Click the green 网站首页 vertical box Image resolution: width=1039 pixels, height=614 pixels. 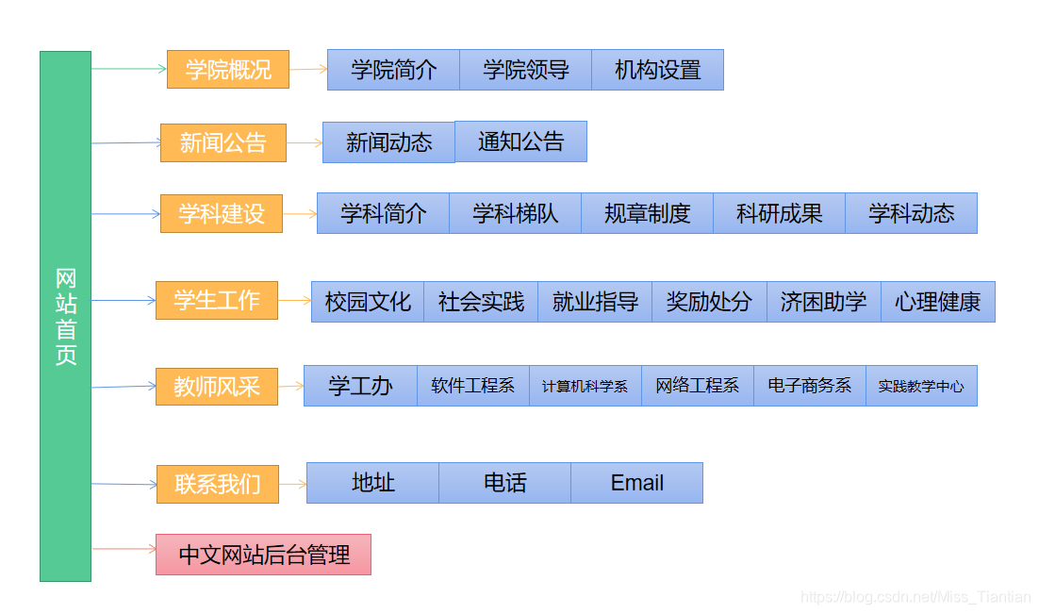click(x=65, y=316)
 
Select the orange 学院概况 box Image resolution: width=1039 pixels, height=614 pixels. click(x=228, y=70)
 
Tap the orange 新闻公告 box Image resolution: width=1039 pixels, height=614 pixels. click(x=223, y=142)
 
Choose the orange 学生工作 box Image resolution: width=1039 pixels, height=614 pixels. click(x=217, y=300)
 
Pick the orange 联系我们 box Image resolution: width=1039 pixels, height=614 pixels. click(x=218, y=484)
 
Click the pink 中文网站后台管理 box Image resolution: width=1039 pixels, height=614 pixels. click(x=263, y=555)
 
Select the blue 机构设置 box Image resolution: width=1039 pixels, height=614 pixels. click(x=657, y=70)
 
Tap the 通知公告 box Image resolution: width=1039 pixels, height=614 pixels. click(x=520, y=141)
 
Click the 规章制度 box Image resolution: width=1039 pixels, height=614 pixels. click(x=647, y=213)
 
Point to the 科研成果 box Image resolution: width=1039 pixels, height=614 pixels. click(x=779, y=213)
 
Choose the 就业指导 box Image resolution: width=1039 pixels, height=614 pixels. click(x=595, y=302)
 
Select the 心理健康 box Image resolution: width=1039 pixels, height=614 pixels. click(x=937, y=302)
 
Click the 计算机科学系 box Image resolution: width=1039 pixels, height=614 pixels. click(x=585, y=386)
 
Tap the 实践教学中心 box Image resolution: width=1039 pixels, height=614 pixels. click(x=921, y=386)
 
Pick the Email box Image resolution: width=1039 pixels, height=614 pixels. click(x=636, y=483)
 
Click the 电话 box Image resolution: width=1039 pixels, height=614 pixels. click(x=504, y=483)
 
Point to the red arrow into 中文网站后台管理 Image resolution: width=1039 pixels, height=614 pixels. click(x=124, y=548)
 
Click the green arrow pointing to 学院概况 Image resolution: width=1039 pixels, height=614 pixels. click(x=129, y=69)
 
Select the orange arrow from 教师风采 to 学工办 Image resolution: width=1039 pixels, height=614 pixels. click(x=290, y=385)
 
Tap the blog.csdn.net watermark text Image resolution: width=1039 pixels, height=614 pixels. click(x=915, y=597)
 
